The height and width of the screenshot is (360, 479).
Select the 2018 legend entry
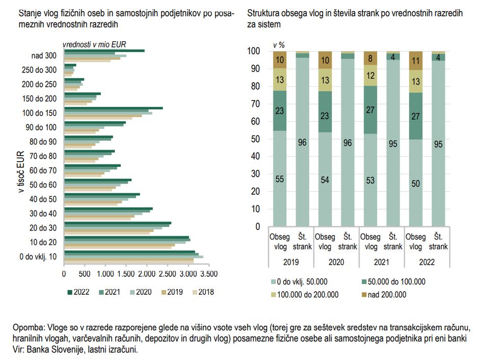(x=202, y=292)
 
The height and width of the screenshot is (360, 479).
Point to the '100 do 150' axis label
(x=40, y=113)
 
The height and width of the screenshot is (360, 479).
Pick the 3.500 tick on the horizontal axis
(x=209, y=273)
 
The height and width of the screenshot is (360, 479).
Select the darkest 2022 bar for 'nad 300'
(x=104, y=51)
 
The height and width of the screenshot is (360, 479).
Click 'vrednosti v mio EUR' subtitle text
(x=94, y=45)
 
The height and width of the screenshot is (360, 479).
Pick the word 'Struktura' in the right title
(x=262, y=13)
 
